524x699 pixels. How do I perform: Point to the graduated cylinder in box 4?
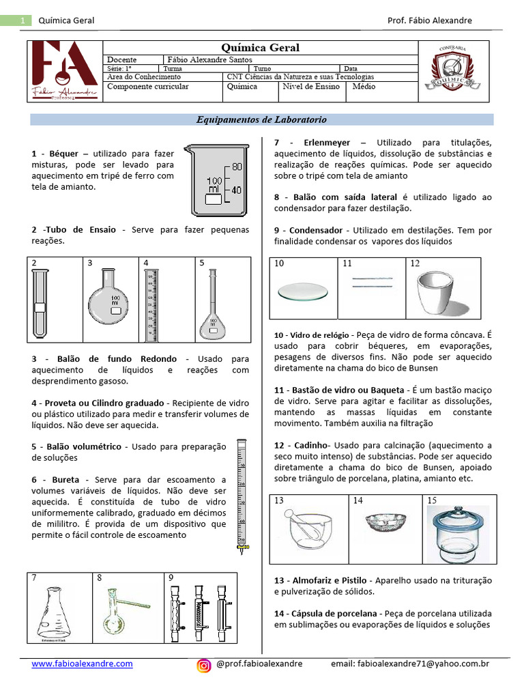pyautogui.click(x=151, y=304)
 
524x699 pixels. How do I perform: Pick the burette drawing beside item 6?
pyautogui.click(x=240, y=495)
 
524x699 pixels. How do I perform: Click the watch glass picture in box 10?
pyautogui.click(x=304, y=291)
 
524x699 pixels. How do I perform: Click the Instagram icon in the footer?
pyautogui.click(x=204, y=665)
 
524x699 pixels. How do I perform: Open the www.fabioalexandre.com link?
pyautogui.click(x=82, y=664)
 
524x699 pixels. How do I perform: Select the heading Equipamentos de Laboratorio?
pyautogui.click(x=261, y=119)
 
